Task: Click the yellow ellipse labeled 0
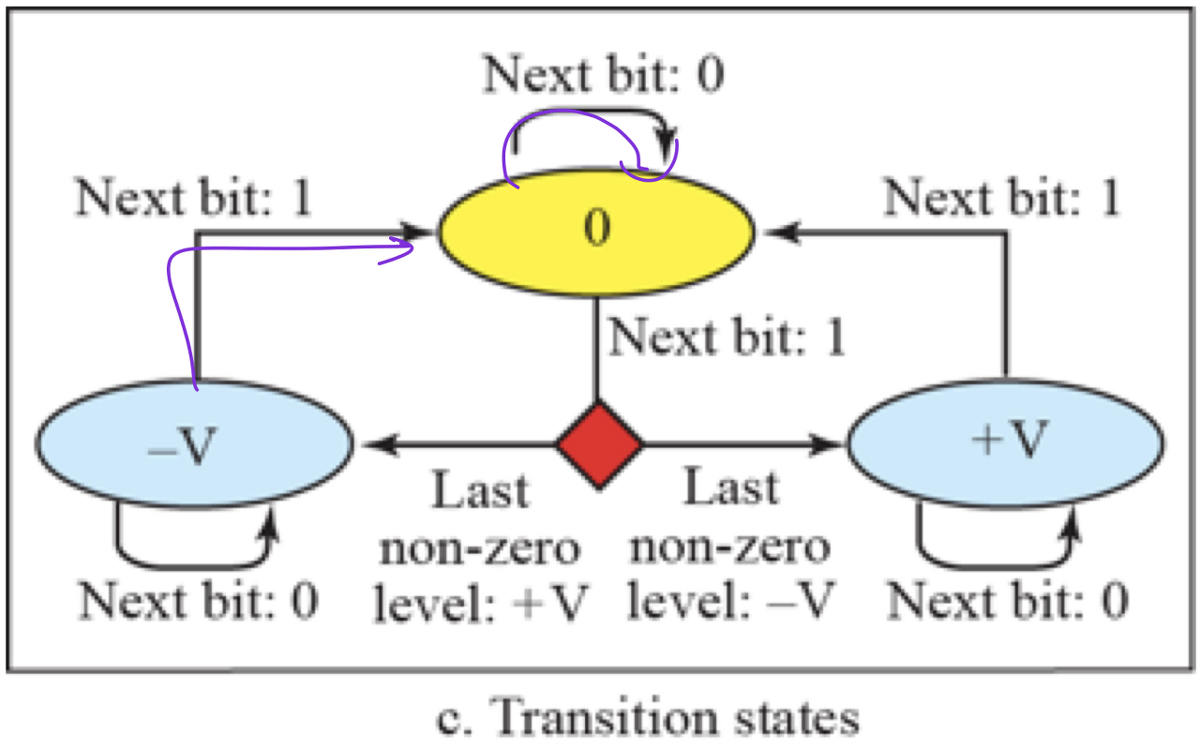(596, 231)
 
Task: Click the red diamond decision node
(599, 444)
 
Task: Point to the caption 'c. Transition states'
(649, 719)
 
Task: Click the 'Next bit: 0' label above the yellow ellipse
(604, 76)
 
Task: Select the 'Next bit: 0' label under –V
(198, 600)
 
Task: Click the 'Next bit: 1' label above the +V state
(1002, 198)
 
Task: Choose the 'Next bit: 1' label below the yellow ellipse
(727, 337)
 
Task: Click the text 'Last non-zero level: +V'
(481, 547)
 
